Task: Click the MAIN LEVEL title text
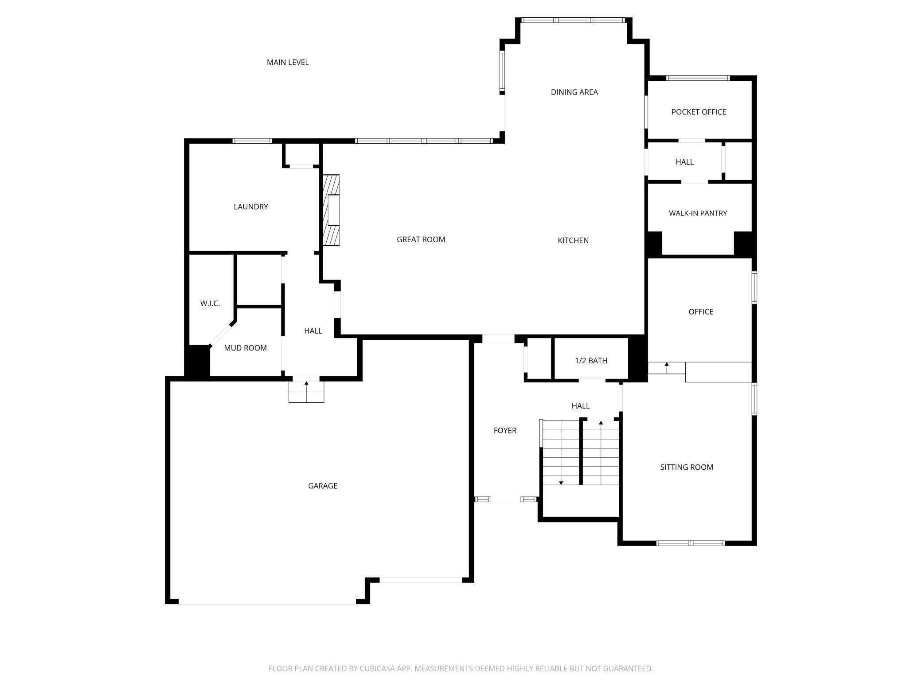(x=288, y=63)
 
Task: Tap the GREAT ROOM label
(x=421, y=240)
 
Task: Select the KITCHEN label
(x=573, y=240)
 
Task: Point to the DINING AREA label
(x=574, y=92)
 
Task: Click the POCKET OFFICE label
(x=699, y=112)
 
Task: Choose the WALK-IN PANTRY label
(x=698, y=213)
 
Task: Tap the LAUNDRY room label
(x=251, y=207)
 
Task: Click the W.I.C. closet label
(x=210, y=303)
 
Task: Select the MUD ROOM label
(x=245, y=348)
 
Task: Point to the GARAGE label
(x=323, y=486)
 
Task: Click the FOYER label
(x=505, y=431)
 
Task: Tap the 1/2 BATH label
(x=591, y=361)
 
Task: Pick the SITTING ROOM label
(x=687, y=467)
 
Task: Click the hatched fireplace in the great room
(x=331, y=210)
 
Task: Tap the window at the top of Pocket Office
(x=698, y=78)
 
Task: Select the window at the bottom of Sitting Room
(x=691, y=543)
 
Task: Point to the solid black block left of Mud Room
(x=197, y=362)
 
